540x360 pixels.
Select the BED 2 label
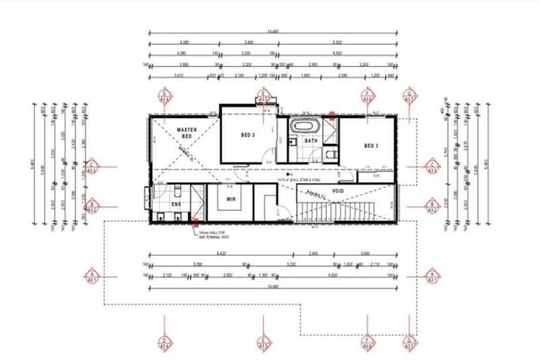pyautogui.click(x=247, y=134)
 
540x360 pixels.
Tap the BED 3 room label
pyautogui.click(x=371, y=146)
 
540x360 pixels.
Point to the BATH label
pyautogui.click(x=311, y=141)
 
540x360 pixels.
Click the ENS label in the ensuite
pyautogui.click(x=175, y=204)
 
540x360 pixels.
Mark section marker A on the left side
pyautogui.click(x=91, y=275)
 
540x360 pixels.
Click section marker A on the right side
pyautogui.click(x=433, y=275)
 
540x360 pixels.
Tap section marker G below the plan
pyautogui.click(x=410, y=342)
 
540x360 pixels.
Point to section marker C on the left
pyautogui.click(x=91, y=167)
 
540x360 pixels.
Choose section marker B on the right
pyautogui.click(x=433, y=206)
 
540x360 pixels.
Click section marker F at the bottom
pyautogui.click(x=366, y=342)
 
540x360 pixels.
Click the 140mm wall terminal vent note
pyautogui.click(x=215, y=233)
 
